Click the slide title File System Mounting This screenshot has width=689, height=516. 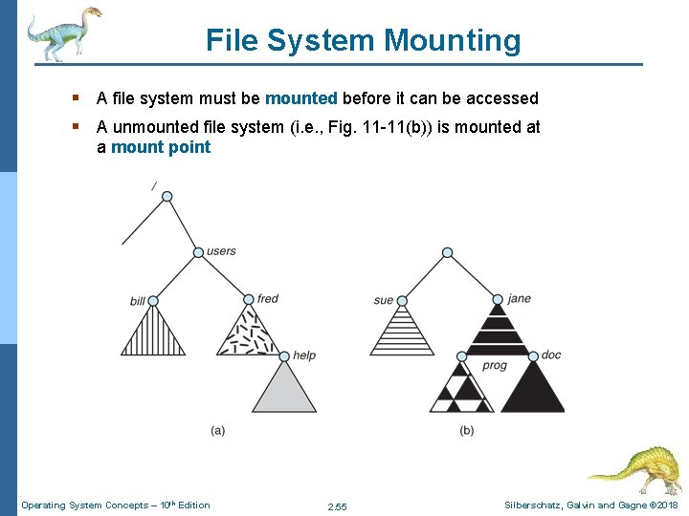click(x=363, y=40)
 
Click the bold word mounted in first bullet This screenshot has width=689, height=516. click(x=300, y=98)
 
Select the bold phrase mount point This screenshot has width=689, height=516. click(x=161, y=147)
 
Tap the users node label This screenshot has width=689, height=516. click(x=221, y=251)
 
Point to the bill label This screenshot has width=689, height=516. click(x=138, y=302)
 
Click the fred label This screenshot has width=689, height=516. click(x=268, y=299)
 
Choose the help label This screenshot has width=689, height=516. click(x=304, y=355)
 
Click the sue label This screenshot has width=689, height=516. click(x=383, y=300)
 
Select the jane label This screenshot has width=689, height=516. click(x=520, y=299)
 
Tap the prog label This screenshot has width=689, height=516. click(x=495, y=366)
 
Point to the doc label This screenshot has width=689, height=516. click(x=551, y=355)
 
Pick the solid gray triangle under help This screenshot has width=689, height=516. click(x=283, y=390)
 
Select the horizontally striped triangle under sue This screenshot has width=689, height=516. click(x=402, y=333)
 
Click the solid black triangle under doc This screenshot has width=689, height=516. click(x=533, y=390)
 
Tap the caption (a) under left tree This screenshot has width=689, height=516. click(x=218, y=431)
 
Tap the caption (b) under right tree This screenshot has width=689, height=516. click(x=466, y=431)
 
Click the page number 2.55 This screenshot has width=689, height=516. click(x=337, y=505)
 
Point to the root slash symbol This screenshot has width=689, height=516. click(x=154, y=184)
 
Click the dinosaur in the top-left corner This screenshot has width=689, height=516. click(x=62, y=33)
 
